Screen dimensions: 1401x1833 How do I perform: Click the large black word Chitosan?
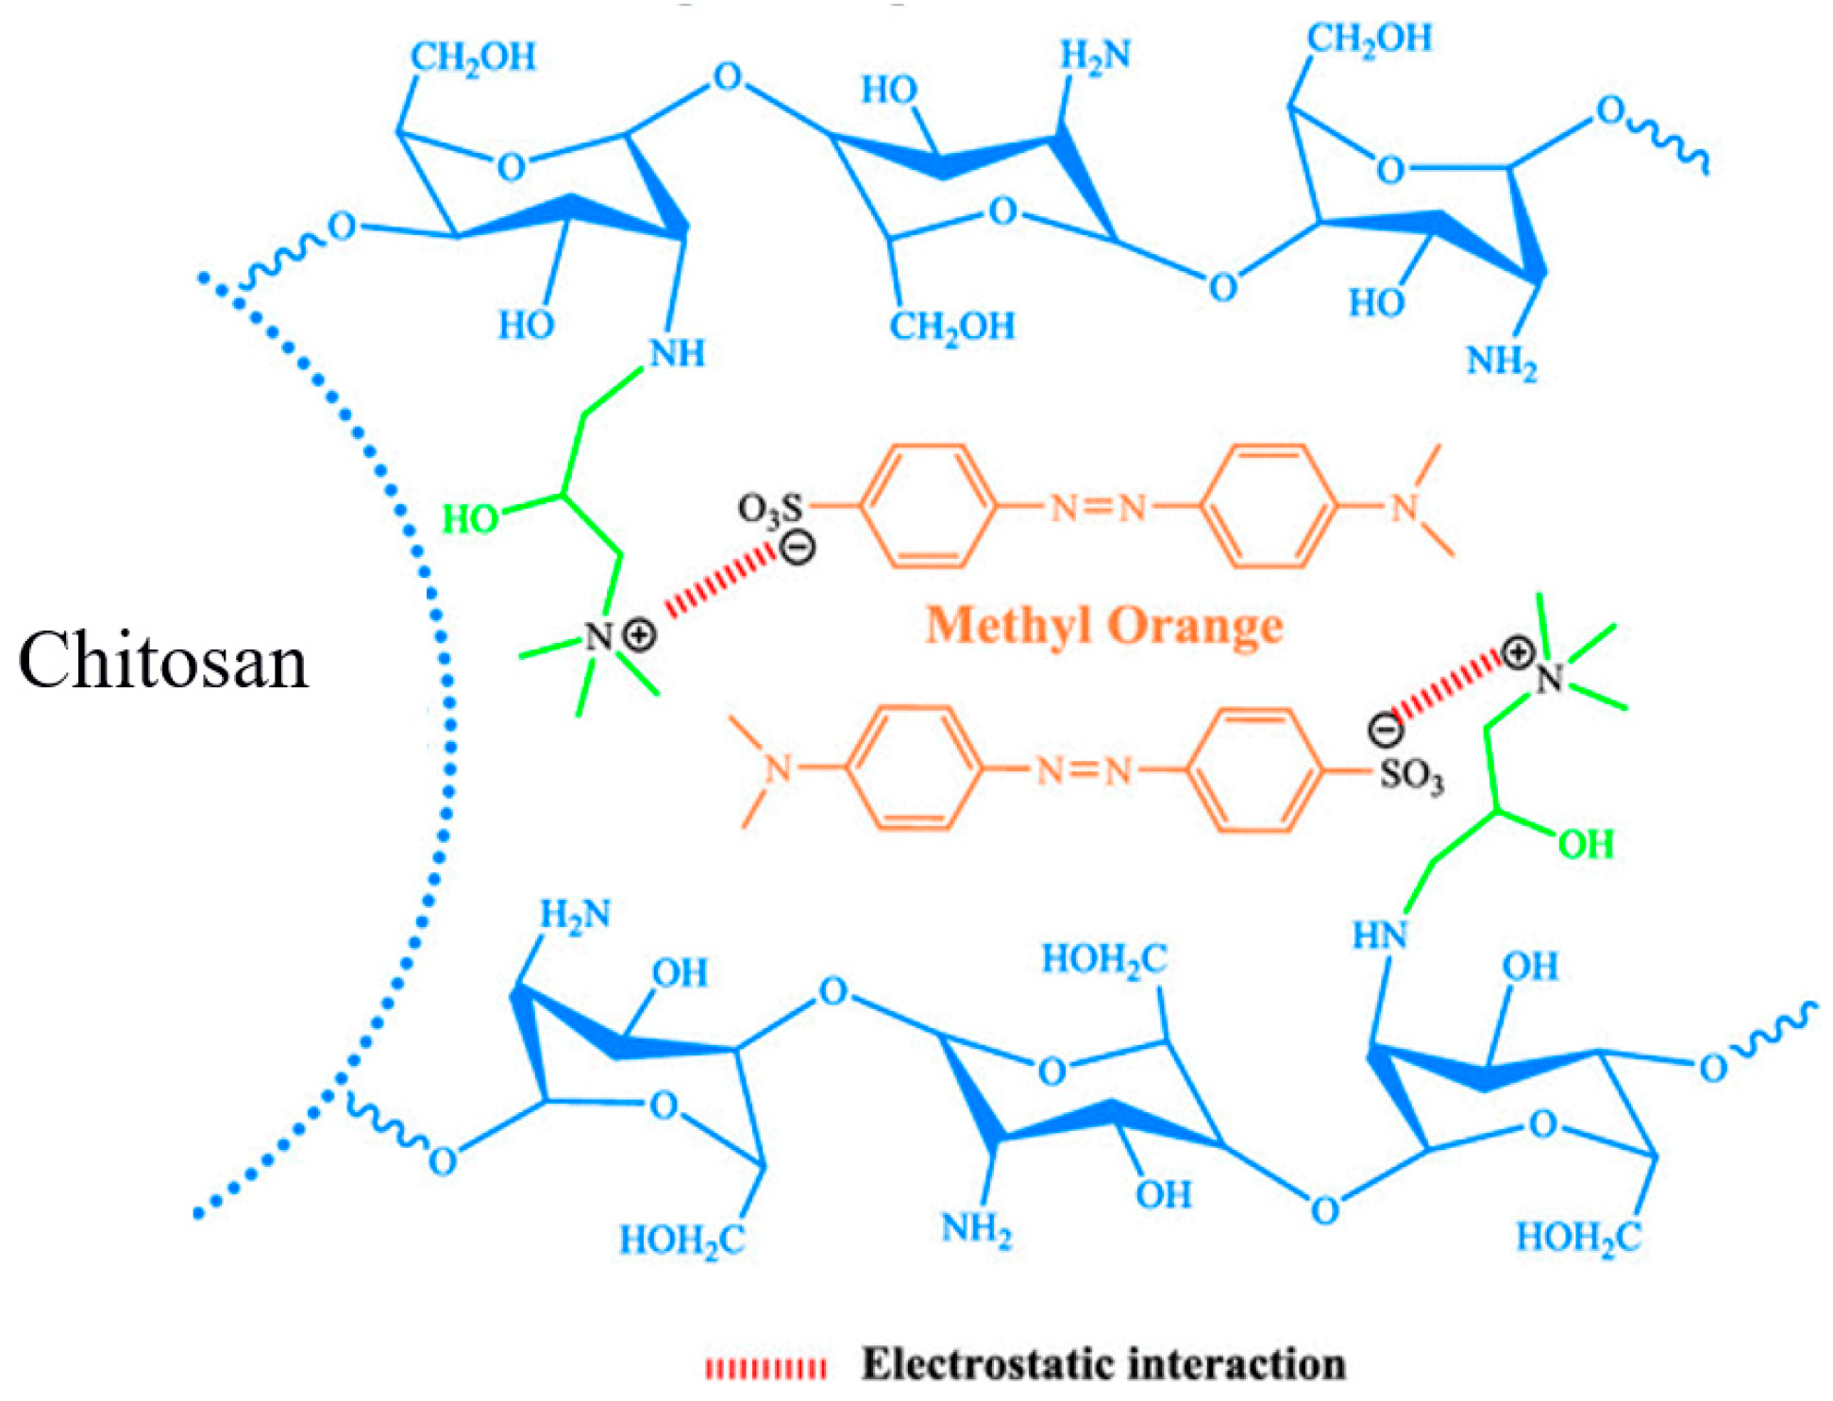click(163, 661)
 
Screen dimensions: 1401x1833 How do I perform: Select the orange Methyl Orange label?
click(1104, 627)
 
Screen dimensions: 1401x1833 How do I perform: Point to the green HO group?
click(470, 519)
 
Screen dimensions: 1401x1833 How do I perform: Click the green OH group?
click(1586, 844)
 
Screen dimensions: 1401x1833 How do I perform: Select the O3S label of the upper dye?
click(769, 509)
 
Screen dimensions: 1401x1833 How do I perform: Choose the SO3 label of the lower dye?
click(1411, 776)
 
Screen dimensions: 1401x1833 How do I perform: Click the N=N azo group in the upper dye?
click(1098, 509)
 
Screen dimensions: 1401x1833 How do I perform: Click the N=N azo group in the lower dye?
click(1084, 771)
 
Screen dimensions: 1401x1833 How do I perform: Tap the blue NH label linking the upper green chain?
click(677, 353)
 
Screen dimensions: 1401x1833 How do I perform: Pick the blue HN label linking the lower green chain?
click(1379, 936)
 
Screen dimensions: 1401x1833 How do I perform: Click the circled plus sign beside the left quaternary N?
click(640, 634)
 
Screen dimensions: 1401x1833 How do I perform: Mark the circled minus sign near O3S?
click(799, 547)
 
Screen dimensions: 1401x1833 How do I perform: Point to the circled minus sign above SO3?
click(1386, 729)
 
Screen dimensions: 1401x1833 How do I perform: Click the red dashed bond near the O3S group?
click(719, 584)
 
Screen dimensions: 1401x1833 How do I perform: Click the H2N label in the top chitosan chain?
click(1095, 56)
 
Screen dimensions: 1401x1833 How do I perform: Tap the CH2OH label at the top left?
click(473, 58)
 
